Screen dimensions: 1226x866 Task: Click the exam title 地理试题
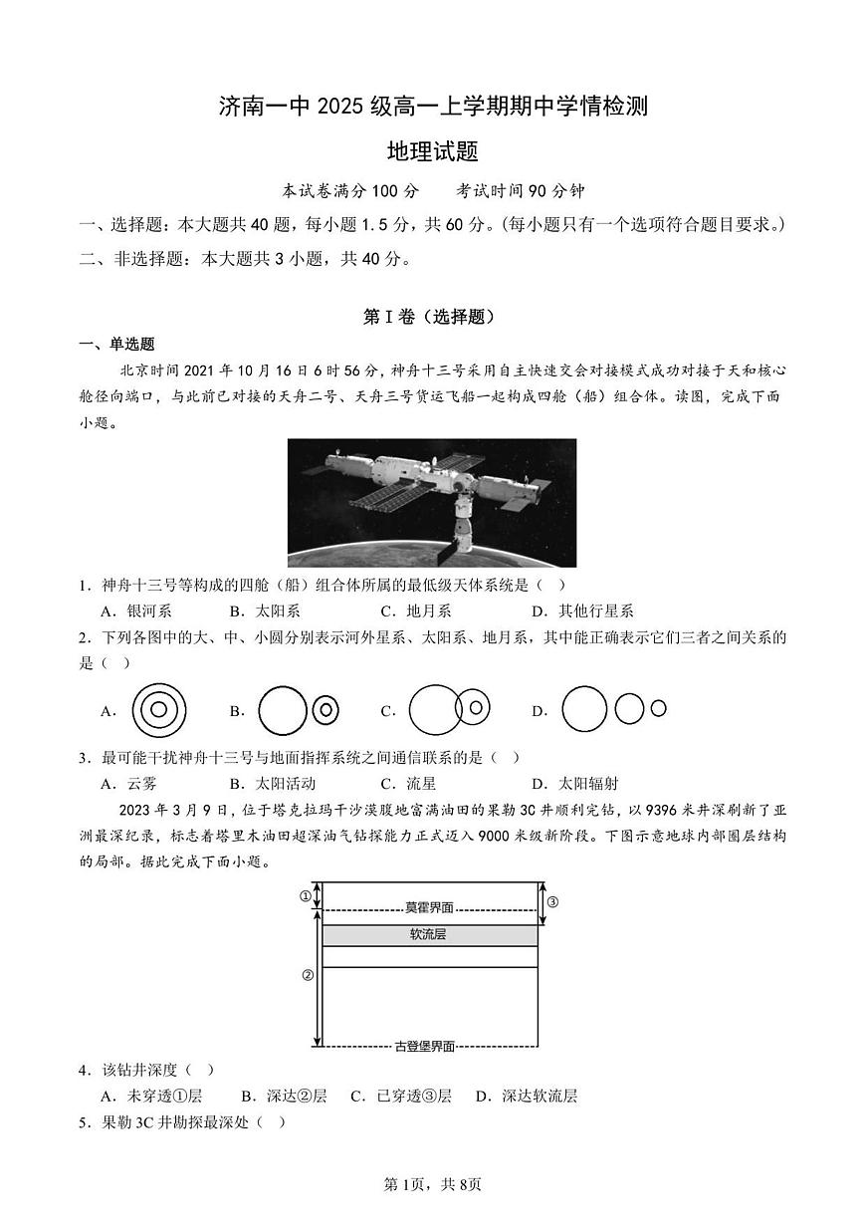433,151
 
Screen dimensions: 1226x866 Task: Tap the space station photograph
432,502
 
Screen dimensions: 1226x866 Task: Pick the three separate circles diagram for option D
613,709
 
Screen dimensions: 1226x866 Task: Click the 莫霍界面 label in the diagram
429,907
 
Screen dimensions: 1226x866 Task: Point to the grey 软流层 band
429,935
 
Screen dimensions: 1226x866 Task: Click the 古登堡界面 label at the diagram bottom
425,1046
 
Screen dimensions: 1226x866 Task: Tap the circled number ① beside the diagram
306,895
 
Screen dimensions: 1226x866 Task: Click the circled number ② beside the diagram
308,975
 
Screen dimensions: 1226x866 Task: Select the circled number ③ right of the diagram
552,902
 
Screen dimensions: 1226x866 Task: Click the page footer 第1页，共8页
433,1184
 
